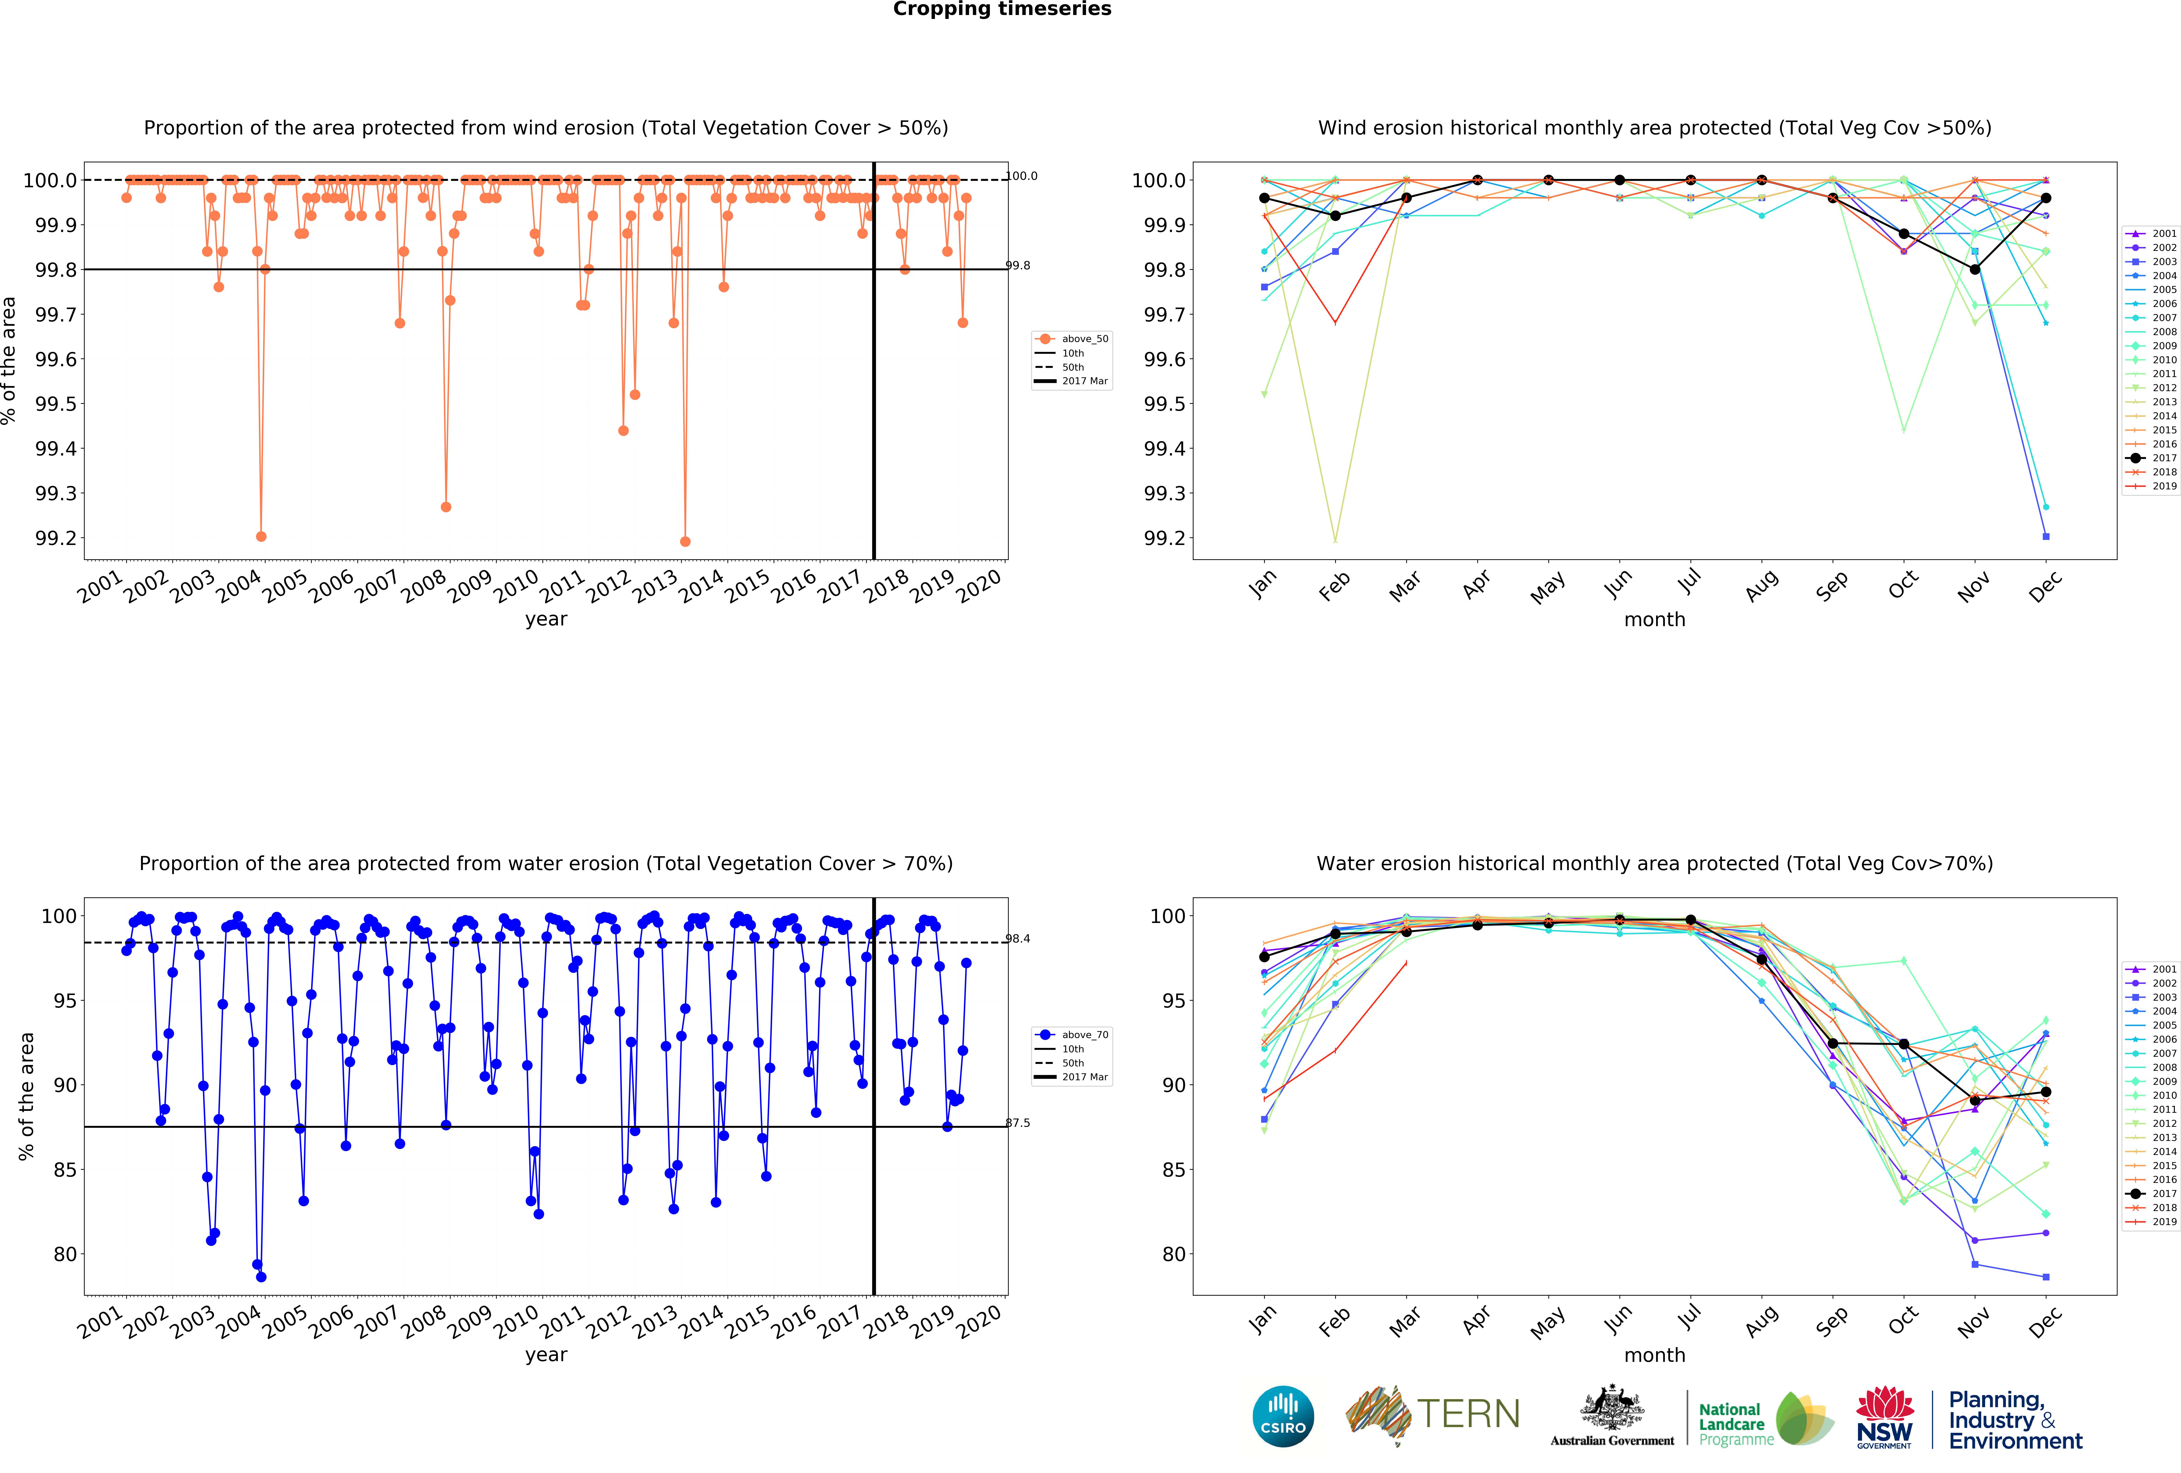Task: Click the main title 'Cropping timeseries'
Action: pos(1001,9)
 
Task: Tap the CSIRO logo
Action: pos(1283,1416)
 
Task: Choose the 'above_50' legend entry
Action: pos(1084,339)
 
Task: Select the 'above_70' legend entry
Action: pos(1084,1035)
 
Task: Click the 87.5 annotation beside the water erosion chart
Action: pos(1018,1123)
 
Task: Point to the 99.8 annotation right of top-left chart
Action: pos(1018,265)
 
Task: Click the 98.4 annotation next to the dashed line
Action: pos(1018,938)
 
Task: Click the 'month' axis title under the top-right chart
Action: pos(1654,619)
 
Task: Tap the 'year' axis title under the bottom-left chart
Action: pos(546,1355)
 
